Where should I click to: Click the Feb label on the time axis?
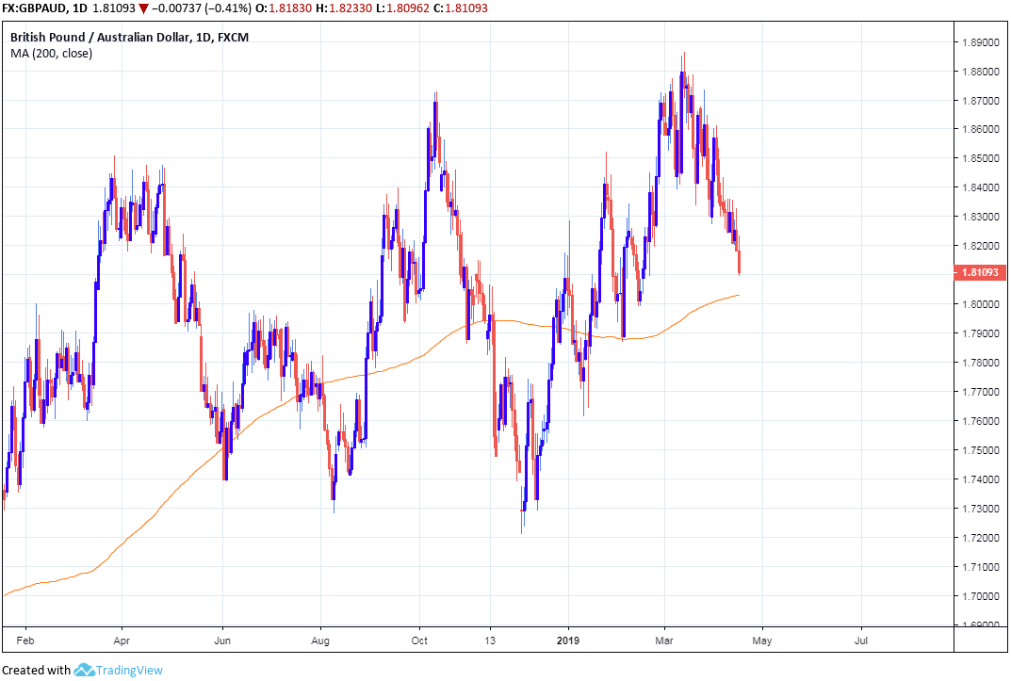[x=25, y=640]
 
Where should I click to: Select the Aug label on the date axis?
[x=320, y=640]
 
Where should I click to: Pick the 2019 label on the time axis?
[x=569, y=640]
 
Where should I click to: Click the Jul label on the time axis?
[x=861, y=640]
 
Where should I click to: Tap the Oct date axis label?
[x=419, y=640]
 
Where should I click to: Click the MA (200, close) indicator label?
[x=51, y=53]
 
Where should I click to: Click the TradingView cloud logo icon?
[x=84, y=670]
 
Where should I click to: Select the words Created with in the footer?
[x=37, y=671]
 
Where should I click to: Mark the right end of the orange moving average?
[x=739, y=295]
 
